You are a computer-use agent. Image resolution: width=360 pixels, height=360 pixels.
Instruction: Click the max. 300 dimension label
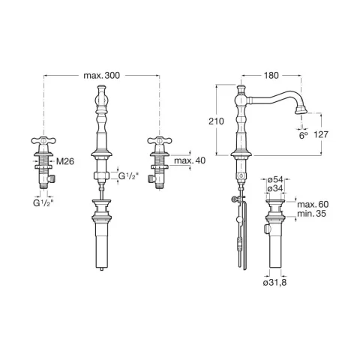(x=102, y=75)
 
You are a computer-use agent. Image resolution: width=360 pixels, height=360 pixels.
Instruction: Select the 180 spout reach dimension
(x=271, y=75)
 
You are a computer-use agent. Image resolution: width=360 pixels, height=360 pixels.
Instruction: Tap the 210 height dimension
(x=216, y=121)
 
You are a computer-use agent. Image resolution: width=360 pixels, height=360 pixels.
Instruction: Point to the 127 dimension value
(x=321, y=134)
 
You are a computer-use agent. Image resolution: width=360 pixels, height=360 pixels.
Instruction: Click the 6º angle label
(x=303, y=135)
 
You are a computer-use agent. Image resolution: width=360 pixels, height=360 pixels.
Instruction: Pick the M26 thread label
(x=65, y=161)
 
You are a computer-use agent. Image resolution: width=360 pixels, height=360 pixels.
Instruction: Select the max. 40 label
(x=190, y=160)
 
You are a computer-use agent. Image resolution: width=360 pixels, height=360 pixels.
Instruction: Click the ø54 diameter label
(x=275, y=179)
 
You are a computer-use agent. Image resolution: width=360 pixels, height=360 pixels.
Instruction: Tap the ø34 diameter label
(x=275, y=189)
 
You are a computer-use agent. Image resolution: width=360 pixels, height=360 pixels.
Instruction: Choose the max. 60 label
(x=313, y=205)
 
